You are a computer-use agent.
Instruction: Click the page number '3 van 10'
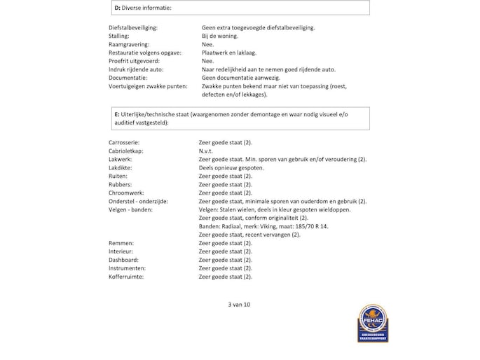[x=239, y=305]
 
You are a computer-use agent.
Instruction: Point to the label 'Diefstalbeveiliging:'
[x=133, y=27]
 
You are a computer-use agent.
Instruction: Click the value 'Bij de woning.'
[x=220, y=36]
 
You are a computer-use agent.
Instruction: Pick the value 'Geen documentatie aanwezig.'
[x=242, y=78]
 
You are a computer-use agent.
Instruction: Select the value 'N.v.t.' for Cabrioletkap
[x=207, y=151]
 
